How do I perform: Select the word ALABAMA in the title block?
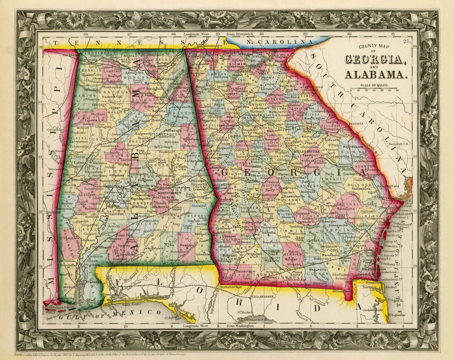(x=376, y=74)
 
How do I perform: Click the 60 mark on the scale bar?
(x=397, y=90)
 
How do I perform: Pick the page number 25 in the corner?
(x=407, y=41)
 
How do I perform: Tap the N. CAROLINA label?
(x=279, y=41)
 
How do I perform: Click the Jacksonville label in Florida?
(x=372, y=309)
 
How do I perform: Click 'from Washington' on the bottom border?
(x=239, y=326)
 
